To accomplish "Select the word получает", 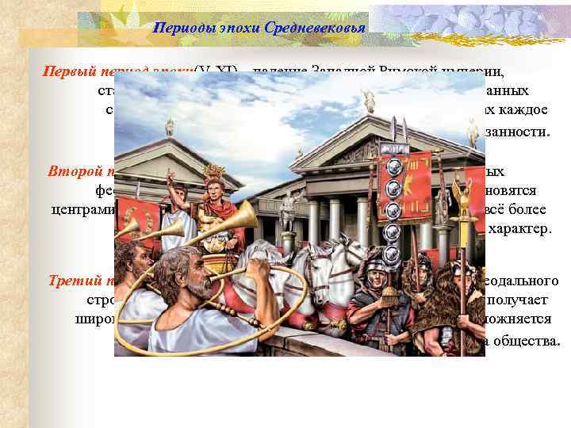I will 533,301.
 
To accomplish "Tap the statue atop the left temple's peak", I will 170,125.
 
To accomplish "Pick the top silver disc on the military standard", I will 390,167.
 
